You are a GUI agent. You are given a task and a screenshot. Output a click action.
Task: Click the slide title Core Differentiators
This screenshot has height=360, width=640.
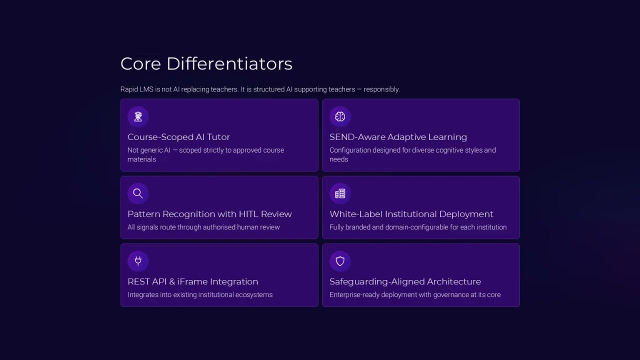[x=206, y=64]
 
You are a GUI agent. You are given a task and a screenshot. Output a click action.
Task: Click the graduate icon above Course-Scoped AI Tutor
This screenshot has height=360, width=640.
[x=138, y=116]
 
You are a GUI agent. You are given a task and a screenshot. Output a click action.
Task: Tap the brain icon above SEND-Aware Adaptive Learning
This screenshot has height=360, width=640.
[x=340, y=116]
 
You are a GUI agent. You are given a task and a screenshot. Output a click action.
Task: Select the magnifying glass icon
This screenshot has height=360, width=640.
[x=138, y=193]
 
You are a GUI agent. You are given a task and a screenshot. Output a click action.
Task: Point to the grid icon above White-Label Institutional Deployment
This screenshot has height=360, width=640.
[x=340, y=193]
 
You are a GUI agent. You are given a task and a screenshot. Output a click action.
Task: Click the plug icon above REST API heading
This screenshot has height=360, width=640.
[x=138, y=260]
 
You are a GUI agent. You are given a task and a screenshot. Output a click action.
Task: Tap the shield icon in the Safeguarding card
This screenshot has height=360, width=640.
[x=340, y=260]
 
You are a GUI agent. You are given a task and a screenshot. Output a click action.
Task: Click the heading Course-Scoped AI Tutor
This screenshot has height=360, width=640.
[x=178, y=137]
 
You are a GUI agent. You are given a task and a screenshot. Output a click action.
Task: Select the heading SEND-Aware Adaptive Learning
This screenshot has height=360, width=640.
[x=398, y=137]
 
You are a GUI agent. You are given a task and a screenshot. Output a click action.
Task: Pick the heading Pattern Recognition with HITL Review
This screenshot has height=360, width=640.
[x=209, y=214]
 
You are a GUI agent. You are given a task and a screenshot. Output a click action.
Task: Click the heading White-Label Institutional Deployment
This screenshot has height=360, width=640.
[x=411, y=214]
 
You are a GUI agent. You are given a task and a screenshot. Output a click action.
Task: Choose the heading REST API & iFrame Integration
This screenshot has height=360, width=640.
[x=192, y=281]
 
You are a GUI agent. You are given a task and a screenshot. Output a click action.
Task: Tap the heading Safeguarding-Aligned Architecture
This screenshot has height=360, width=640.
[x=405, y=281]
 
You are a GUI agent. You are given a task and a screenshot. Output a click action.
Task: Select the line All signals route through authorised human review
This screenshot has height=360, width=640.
[x=203, y=227]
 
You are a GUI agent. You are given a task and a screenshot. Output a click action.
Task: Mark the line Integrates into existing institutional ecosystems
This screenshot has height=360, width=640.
[x=200, y=294]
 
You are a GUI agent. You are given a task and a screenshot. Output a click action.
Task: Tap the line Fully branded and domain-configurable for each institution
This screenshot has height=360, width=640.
[x=418, y=227]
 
